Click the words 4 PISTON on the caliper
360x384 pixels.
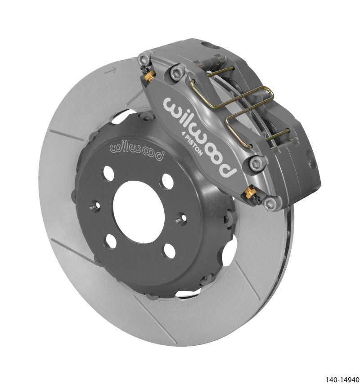coord(200,152)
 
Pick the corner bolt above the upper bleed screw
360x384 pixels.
coord(144,58)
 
